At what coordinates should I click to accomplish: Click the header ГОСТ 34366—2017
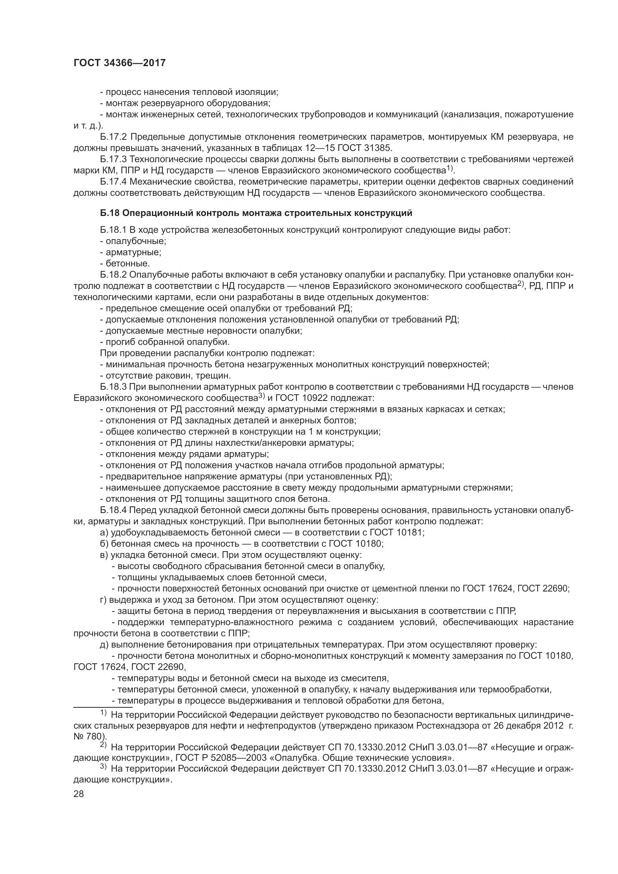click(x=120, y=63)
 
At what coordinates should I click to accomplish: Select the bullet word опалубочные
click(x=136, y=241)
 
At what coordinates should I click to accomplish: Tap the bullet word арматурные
click(x=133, y=252)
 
